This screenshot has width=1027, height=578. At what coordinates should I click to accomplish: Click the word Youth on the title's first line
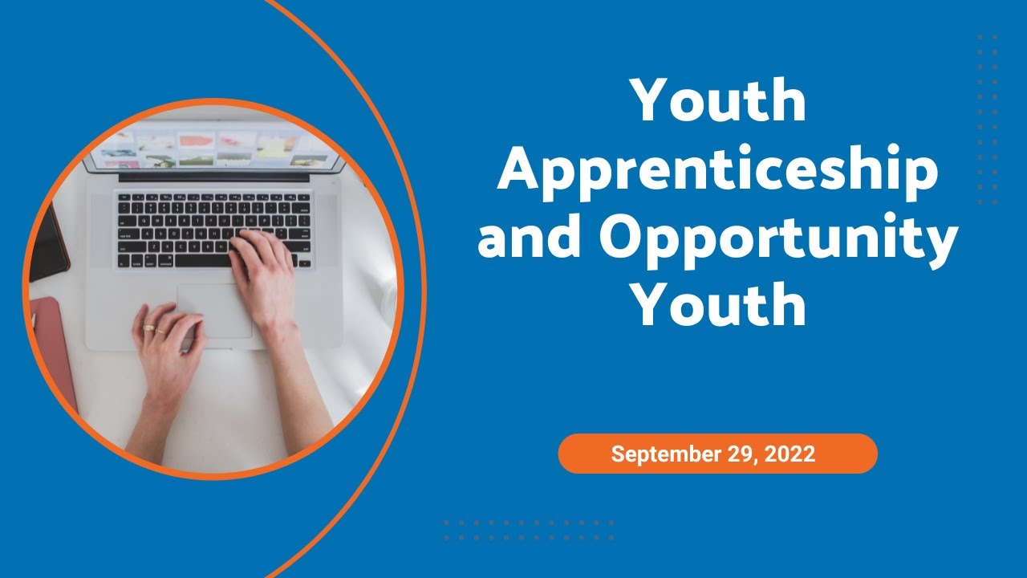pyautogui.click(x=718, y=101)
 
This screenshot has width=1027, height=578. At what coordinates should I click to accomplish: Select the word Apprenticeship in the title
pyautogui.click(x=718, y=170)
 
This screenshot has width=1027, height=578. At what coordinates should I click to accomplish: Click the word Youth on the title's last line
pyautogui.click(x=718, y=306)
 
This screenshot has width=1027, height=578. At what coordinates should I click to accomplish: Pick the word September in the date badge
pyautogui.click(x=664, y=454)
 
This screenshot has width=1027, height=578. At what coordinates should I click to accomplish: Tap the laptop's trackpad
pyautogui.click(x=213, y=310)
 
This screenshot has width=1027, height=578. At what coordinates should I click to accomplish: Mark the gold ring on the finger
pyautogui.click(x=148, y=328)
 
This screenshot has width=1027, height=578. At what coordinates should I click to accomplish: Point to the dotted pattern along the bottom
pyautogui.click(x=529, y=530)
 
